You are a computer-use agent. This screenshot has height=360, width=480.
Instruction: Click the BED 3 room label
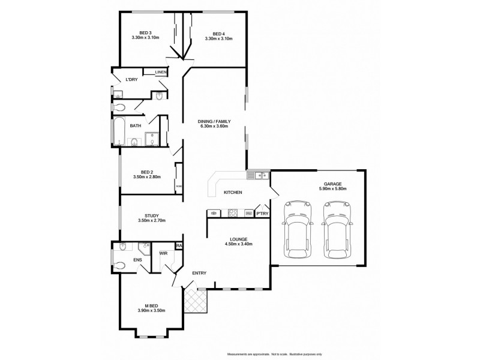(x=145, y=32)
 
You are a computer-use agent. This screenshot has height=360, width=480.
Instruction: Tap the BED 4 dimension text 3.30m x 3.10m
(x=218, y=38)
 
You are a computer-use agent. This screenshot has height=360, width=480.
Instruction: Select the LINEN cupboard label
(x=161, y=73)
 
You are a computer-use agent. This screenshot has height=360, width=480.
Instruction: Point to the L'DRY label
(x=131, y=80)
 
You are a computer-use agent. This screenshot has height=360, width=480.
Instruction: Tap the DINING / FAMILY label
(x=214, y=121)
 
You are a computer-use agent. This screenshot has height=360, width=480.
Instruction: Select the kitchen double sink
(x=259, y=175)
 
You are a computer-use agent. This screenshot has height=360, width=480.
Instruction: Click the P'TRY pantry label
(x=262, y=214)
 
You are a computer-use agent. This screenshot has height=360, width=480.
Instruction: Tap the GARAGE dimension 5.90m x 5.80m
(x=333, y=188)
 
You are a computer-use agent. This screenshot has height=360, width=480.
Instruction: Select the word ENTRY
(x=199, y=273)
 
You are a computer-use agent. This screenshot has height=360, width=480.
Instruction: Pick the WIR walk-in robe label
(x=163, y=253)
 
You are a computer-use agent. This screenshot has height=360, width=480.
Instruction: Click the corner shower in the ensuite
(x=144, y=248)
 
